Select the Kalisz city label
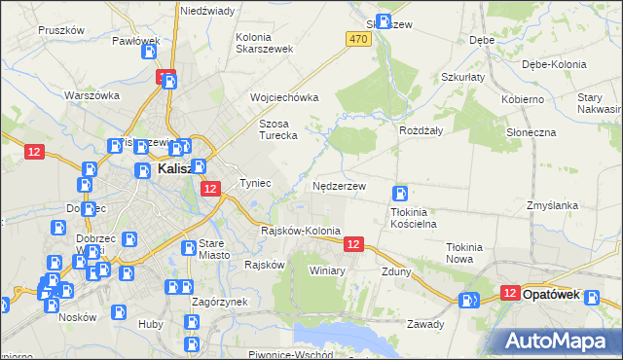point(180,169)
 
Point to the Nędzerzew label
point(339,185)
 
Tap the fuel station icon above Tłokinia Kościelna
point(399,194)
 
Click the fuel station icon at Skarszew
point(384,21)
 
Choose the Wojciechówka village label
point(284,98)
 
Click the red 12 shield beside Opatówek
point(509,292)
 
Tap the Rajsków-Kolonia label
point(301,232)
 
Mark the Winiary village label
point(327,270)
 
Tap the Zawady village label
point(425,324)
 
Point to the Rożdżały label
point(421,130)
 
